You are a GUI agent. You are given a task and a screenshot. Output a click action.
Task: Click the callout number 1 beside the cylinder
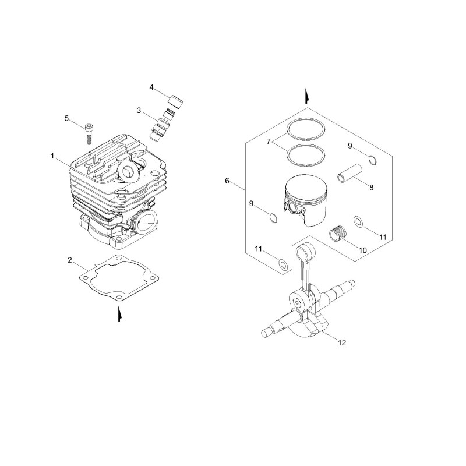tap(52, 156)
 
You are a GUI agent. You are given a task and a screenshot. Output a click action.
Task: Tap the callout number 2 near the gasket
tap(70, 260)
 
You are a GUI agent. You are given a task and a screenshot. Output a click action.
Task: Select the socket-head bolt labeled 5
tap(89, 134)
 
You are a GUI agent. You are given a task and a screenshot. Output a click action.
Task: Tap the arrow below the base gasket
tap(119, 315)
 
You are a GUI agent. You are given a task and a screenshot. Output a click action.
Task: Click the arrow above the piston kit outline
tap(307, 96)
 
